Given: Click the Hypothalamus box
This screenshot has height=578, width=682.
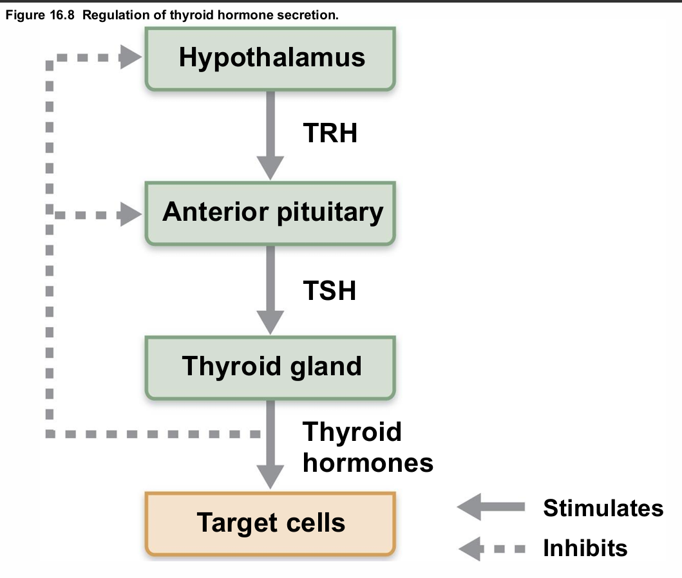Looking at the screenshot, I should point(271,58).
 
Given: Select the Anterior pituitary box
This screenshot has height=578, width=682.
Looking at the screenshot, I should point(271,212).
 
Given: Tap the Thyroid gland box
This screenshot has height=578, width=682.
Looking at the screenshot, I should point(271,366).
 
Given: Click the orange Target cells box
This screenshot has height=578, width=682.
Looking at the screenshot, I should point(271,522).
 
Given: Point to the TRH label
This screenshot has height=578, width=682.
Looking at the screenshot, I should point(330,133).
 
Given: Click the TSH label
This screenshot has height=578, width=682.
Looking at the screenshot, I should point(329,290).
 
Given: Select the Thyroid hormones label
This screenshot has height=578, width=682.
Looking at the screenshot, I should point(367,447).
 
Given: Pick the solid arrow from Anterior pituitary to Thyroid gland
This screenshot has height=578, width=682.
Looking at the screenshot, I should point(270,290).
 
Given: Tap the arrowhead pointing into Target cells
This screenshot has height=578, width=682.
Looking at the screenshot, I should point(270,477).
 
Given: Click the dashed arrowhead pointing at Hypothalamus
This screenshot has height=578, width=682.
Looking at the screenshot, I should point(131,59).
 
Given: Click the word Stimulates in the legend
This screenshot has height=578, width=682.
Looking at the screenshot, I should point(603,508).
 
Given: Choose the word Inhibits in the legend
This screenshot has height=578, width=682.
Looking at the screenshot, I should point(585,548).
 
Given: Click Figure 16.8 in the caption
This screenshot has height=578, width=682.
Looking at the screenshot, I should point(40,15).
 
